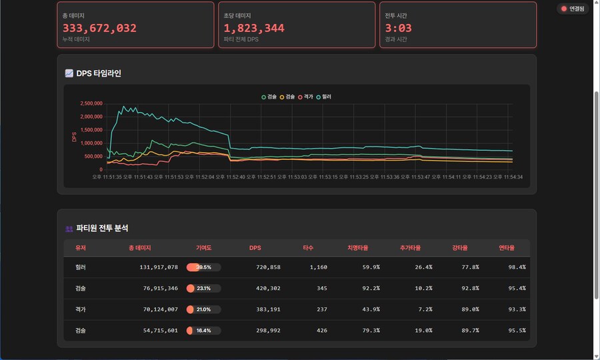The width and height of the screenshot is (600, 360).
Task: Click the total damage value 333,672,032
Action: (x=99, y=28)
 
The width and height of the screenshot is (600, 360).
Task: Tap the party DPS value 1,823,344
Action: (x=254, y=28)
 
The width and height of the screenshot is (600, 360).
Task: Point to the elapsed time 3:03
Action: (x=399, y=28)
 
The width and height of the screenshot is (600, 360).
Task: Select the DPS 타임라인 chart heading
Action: (x=99, y=73)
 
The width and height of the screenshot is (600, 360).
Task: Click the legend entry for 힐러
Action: (x=323, y=97)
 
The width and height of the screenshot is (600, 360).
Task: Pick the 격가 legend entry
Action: (x=305, y=97)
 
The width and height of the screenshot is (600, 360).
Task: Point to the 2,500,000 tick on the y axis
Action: (x=90, y=103)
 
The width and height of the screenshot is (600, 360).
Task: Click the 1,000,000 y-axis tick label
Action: (x=90, y=143)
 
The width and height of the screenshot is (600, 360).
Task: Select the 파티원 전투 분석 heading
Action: (x=102, y=228)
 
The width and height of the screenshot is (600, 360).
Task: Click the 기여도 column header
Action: (x=203, y=248)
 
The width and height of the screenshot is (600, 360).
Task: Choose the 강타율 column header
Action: (x=460, y=248)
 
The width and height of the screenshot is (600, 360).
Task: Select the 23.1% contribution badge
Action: (x=203, y=289)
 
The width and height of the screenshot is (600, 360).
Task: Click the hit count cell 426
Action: (x=319, y=331)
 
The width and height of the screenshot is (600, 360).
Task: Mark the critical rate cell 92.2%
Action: (x=371, y=289)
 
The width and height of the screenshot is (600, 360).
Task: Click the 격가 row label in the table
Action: (x=81, y=309)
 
